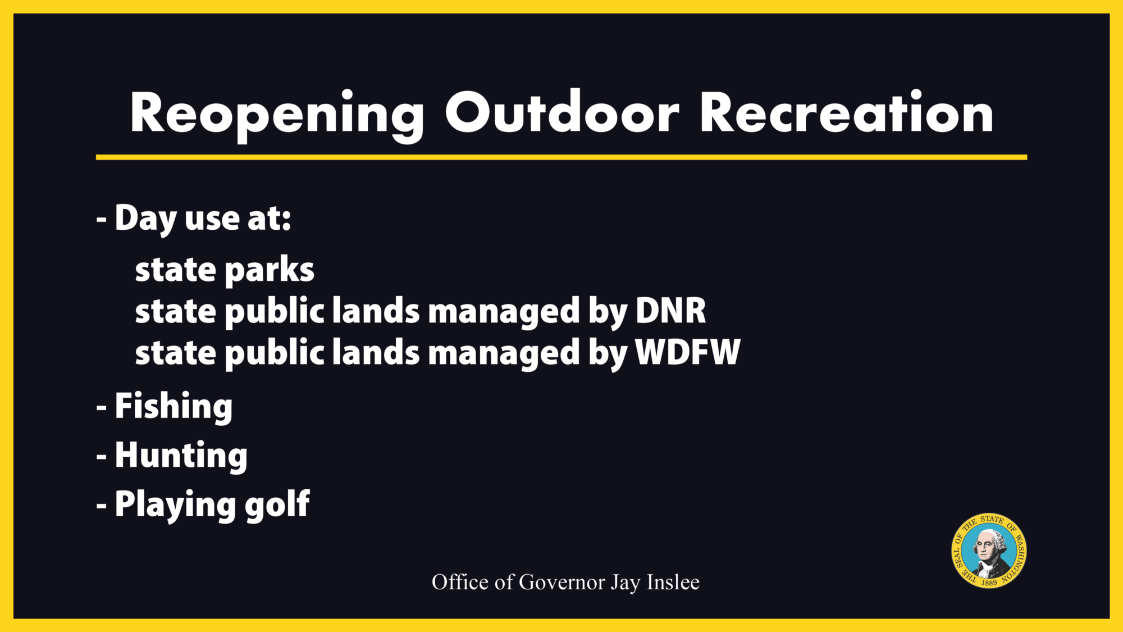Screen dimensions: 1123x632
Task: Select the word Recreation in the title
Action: point(847,112)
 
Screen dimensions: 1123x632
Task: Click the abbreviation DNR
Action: point(670,310)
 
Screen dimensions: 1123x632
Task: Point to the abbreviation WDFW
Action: point(688,352)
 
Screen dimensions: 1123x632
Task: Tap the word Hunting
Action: point(181,456)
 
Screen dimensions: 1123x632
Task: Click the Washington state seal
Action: point(989,551)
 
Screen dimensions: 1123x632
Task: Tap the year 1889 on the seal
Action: point(989,583)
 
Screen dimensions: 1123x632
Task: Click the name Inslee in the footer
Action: point(673,583)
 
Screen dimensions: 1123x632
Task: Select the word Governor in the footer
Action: point(562,583)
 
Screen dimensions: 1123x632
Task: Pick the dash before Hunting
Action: point(102,457)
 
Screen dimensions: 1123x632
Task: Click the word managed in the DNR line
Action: point(504,312)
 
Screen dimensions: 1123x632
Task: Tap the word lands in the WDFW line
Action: point(376,352)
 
